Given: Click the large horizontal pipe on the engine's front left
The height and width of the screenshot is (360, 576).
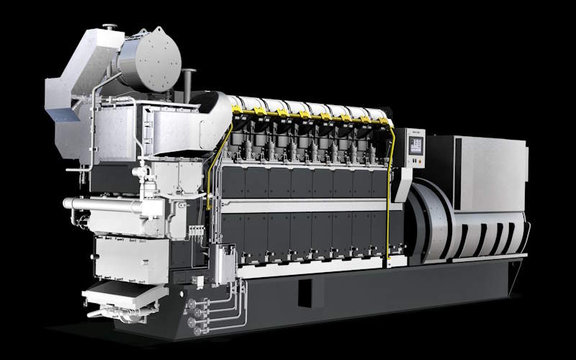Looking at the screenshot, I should tap(101, 204).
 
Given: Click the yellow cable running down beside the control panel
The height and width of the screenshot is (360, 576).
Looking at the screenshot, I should tap(389, 194).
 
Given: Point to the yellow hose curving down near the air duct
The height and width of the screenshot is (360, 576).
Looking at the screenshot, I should tap(216, 166).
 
